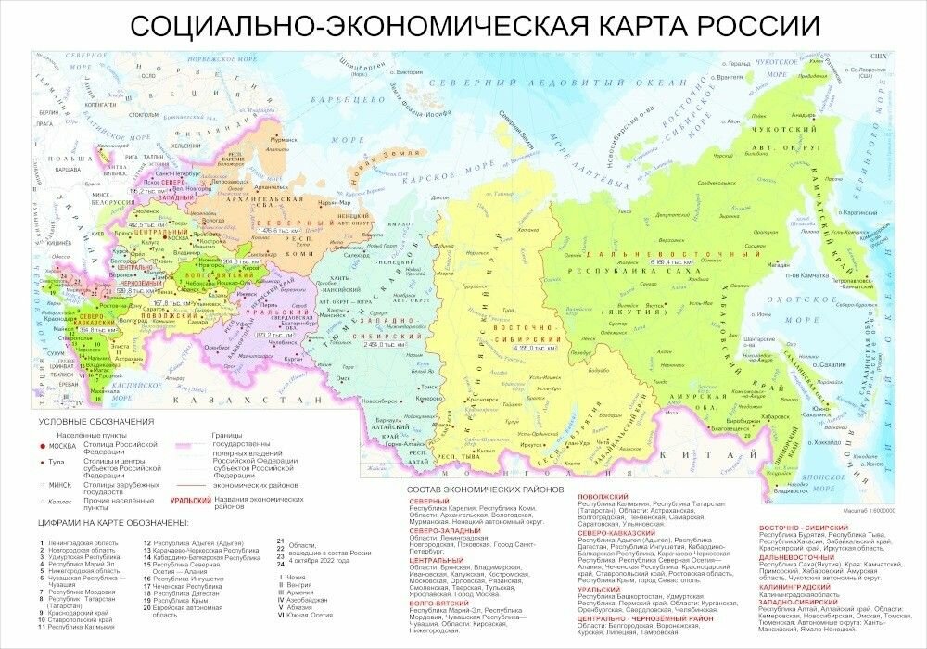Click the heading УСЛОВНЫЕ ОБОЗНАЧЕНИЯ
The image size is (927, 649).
tap(95, 422)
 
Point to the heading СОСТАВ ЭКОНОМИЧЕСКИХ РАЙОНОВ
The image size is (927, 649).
tap(484, 489)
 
